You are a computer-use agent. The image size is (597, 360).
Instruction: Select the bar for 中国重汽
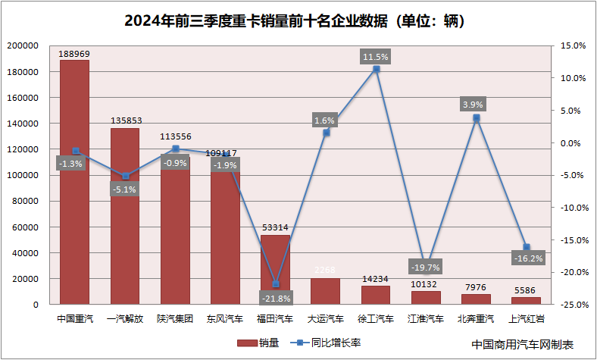pos(75,227)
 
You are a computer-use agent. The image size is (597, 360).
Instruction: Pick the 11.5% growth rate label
pos(376,57)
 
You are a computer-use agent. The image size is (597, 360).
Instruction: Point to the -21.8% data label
pos(275,296)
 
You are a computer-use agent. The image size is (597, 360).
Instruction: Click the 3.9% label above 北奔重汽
pos(476,104)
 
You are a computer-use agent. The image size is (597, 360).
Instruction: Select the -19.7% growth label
pos(424,267)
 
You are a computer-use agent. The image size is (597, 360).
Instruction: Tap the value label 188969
pos(75,55)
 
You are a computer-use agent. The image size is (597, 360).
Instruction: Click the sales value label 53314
pos(275,227)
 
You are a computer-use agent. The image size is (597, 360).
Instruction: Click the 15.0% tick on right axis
pos(573,45)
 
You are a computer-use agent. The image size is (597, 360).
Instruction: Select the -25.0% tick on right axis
pos(571,305)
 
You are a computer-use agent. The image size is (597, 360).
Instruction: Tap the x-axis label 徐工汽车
pos(376,319)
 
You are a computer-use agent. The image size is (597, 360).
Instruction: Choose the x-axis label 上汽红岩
pos(526,319)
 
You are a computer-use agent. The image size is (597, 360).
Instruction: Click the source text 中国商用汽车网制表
pos(522,344)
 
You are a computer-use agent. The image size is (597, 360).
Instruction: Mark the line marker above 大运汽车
pos(326,133)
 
